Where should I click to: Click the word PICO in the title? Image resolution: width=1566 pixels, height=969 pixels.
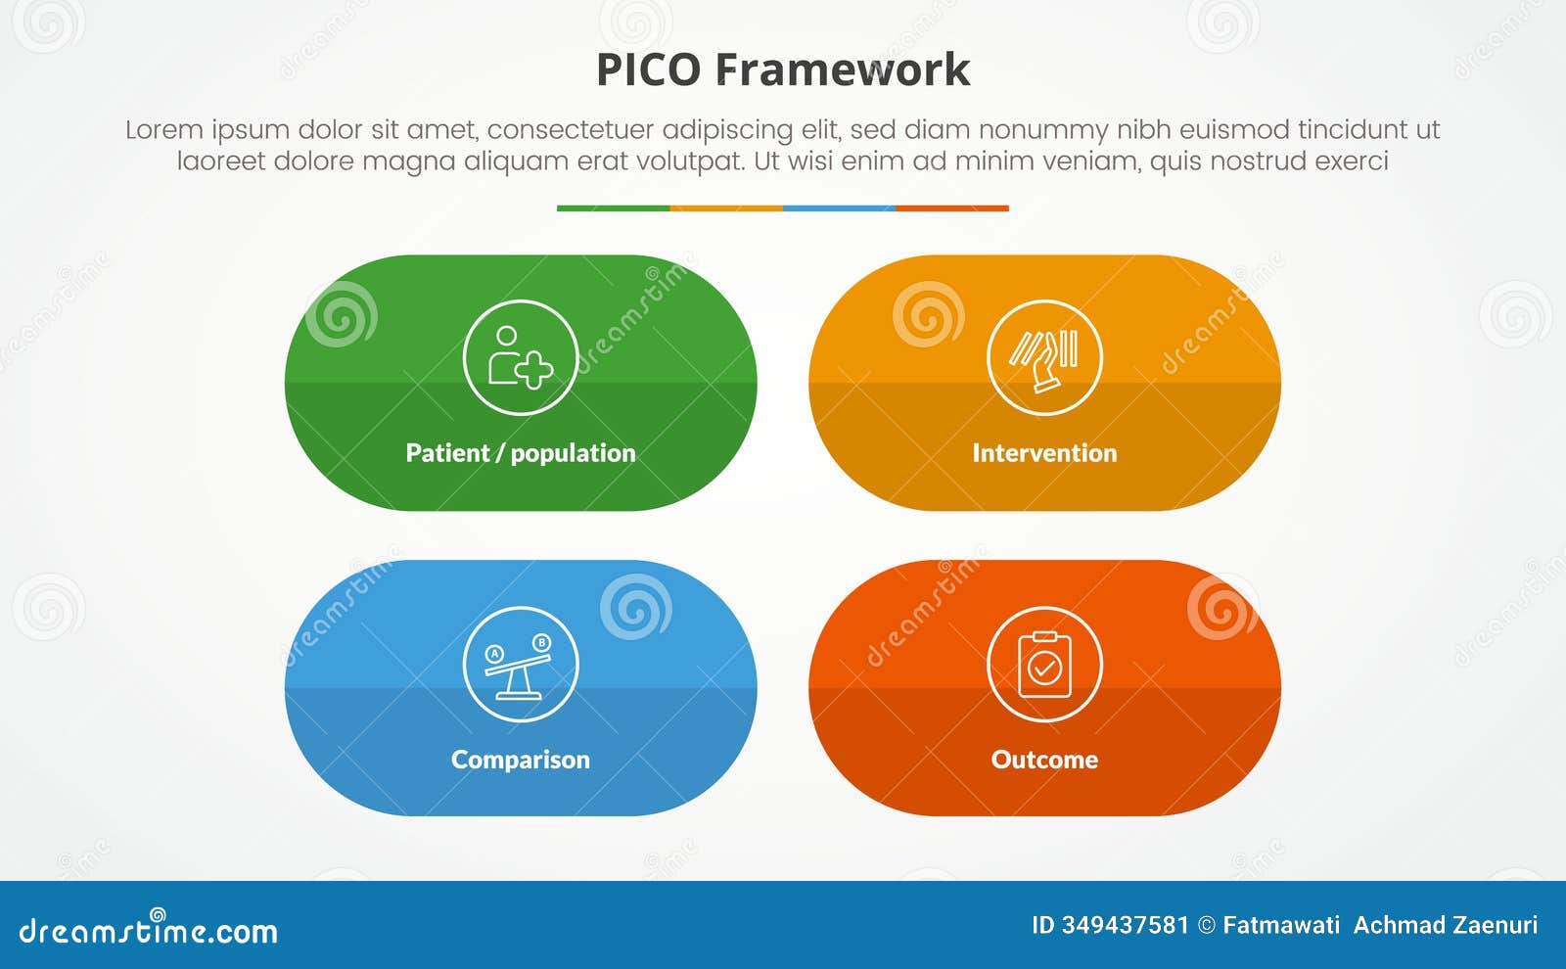(x=648, y=70)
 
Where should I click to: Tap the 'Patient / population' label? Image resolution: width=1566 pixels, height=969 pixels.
(x=521, y=453)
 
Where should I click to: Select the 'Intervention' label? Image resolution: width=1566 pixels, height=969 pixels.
(x=1044, y=453)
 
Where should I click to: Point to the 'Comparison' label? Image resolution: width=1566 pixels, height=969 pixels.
(x=521, y=760)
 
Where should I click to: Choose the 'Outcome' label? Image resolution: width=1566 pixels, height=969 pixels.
(x=1044, y=760)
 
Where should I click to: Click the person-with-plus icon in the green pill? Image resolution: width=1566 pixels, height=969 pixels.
(x=521, y=358)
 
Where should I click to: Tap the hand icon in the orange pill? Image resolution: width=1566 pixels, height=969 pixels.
(x=1044, y=358)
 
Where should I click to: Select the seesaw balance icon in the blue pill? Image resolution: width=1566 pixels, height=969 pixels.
(x=521, y=665)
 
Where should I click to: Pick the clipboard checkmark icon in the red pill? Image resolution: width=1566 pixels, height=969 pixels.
(x=1044, y=665)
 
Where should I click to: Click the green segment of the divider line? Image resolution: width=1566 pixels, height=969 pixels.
(x=613, y=208)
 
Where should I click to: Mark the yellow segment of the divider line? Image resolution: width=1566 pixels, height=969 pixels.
(x=726, y=208)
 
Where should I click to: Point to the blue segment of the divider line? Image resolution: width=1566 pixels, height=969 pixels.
(x=839, y=208)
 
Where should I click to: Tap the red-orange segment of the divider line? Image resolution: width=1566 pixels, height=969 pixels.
(x=952, y=208)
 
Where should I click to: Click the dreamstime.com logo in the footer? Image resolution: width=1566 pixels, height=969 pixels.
(x=149, y=930)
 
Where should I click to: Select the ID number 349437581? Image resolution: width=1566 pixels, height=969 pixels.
(x=1125, y=925)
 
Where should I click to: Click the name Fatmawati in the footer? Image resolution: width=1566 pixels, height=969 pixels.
(x=1281, y=925)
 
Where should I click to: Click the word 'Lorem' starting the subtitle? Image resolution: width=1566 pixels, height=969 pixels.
(x=163, y=130)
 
